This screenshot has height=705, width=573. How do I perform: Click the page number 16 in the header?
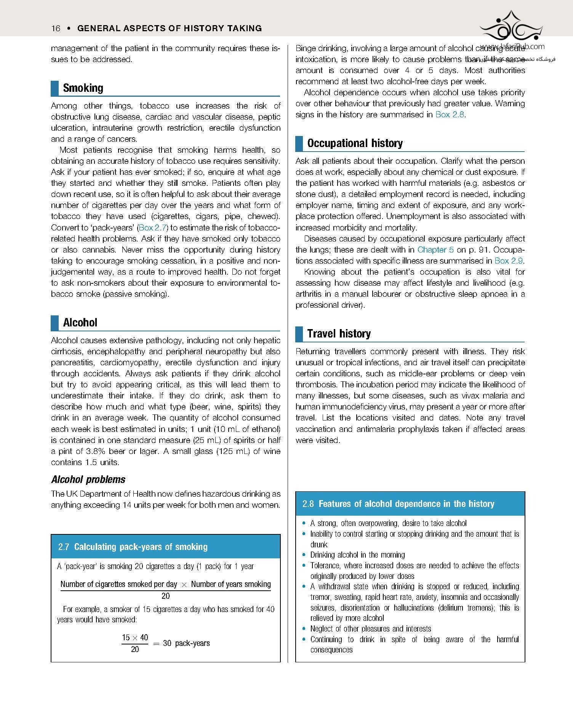(56, 28)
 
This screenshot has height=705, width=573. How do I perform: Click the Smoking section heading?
(83, 88)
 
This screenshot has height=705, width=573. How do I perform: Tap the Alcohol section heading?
(80, 323)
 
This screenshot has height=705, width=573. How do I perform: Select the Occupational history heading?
(355, 143)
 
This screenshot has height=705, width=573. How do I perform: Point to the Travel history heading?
(339, 334)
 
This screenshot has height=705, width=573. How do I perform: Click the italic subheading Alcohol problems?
(88, 480)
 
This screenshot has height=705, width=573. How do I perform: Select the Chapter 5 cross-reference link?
(435, 250)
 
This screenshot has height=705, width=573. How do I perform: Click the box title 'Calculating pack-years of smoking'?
(141, 547)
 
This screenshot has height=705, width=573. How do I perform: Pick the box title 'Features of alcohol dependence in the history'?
(406, 504)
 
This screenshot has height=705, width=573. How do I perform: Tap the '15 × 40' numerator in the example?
(135, 638)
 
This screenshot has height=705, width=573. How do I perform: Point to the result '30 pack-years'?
(186, 643)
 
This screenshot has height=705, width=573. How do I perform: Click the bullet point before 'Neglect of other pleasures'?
(304, 629)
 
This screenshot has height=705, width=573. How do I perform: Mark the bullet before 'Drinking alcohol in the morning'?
(304, 555)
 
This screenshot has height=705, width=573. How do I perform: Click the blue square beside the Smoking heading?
(55, 88)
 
